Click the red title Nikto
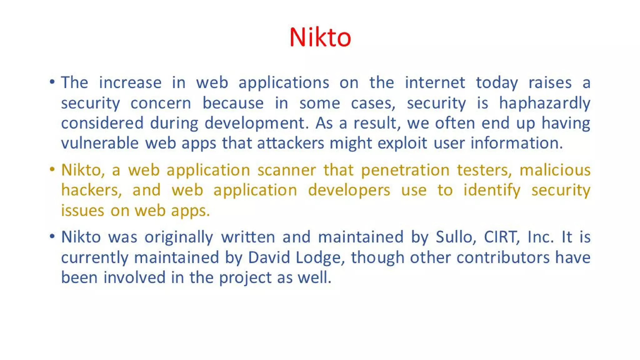point(320,37)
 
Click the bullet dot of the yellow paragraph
point(52,169)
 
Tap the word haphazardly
point(544,103)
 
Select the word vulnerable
point(100,143)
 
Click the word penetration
point(405,170)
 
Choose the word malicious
point(555,170)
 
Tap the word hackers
point(91,190)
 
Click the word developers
point(349,191)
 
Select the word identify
point(492,191)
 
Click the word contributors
point(503,257)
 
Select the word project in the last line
point(245,278)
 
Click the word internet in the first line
point(435,83)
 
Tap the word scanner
point(287,170)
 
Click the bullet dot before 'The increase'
point(52,82)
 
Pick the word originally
point(179,237)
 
